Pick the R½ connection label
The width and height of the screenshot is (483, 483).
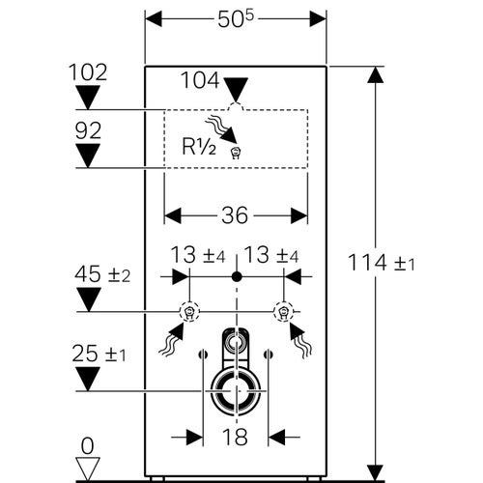click(201, 148)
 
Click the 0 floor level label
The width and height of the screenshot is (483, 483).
click(89, 445)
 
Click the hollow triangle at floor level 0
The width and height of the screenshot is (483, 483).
click(88, 468)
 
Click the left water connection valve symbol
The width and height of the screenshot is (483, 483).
click(189, 312)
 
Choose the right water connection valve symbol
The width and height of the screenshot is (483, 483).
click(283, 312)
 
